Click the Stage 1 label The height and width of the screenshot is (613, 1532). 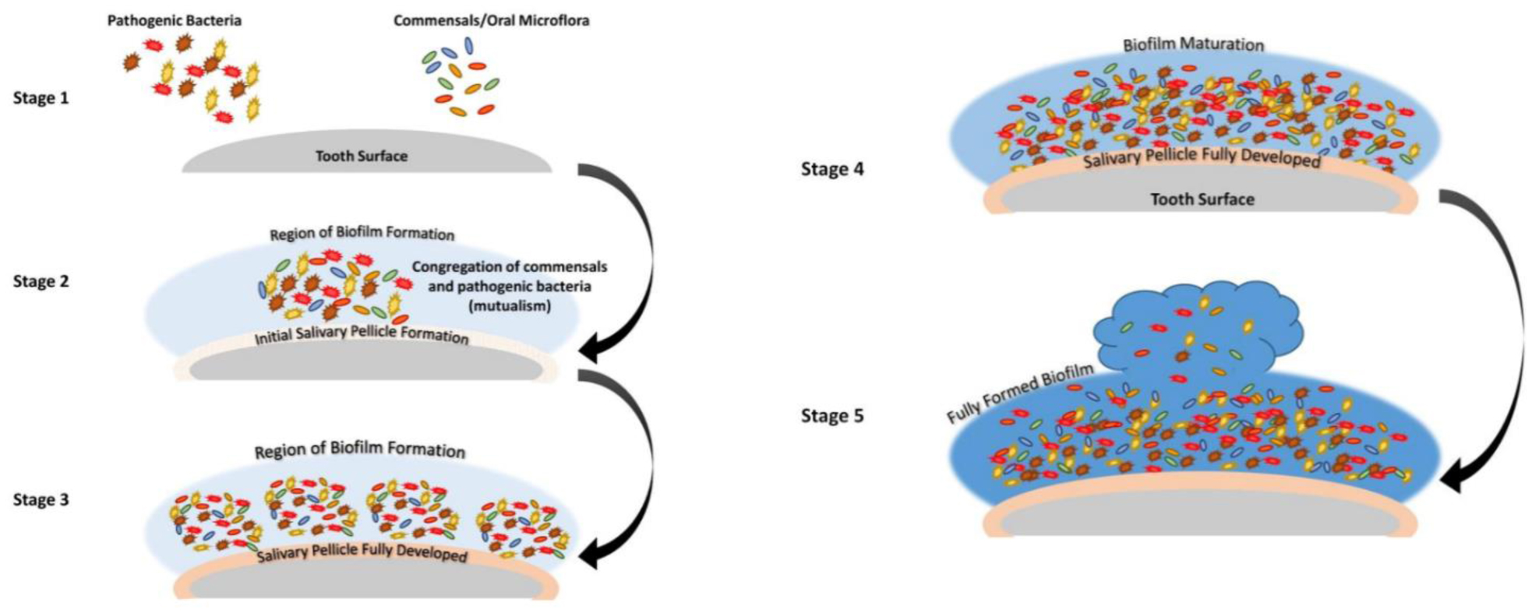(41, 98)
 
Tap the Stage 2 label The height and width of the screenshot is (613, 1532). (41, 281)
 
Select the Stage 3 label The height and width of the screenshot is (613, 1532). (41, 499)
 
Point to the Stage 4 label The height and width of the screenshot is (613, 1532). (832, 169)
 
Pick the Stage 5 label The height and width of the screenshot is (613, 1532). (832, 416)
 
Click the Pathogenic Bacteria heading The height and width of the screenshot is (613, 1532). (174, 20)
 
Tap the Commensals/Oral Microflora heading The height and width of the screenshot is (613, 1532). (491, 20)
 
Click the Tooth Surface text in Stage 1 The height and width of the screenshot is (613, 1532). (362, 156)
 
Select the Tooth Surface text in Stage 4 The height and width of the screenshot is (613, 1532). (1202, 199)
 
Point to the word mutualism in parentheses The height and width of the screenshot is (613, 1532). (510, 306)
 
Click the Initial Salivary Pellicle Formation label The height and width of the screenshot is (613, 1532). (362, 334)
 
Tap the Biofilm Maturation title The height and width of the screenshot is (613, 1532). (1193, 44)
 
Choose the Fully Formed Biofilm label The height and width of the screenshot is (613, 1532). (1019, 394)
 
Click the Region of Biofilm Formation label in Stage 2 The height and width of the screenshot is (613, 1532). (362, 234)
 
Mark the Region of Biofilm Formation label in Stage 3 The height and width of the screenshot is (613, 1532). (359, 449)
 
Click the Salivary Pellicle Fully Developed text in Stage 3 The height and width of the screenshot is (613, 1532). (362, 553)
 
